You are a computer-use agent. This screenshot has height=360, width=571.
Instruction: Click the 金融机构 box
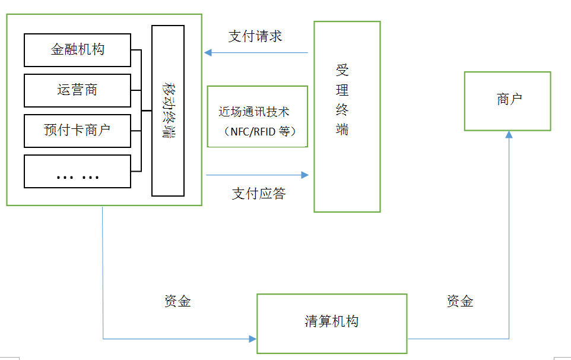tap(77, 50)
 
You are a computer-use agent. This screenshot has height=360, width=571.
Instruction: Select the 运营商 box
tap(77, 90)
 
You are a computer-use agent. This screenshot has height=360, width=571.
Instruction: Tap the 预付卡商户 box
tap(77, 131)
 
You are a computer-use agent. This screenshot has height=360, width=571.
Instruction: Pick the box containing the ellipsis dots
tap(77, 171)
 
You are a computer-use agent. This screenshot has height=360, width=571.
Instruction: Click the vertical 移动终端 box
tap(167, 111)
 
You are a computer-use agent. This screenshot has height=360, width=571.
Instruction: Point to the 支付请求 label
tap(255, 36)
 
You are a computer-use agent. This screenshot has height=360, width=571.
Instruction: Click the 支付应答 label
tap(259, 194)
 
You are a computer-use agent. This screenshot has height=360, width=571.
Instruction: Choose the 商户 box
tap(507, 101)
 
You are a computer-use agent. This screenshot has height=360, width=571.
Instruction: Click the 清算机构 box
tap(332, 322)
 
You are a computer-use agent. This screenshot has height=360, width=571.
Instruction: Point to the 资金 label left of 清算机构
tap(177, 301)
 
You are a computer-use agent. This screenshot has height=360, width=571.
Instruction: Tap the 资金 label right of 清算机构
tap(460, 301)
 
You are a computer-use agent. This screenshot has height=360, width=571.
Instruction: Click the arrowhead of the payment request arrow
tap(208, 53)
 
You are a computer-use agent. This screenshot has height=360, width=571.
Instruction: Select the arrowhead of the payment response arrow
tap(305, 175)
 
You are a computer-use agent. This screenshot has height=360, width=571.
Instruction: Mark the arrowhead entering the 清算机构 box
tap(253, 339)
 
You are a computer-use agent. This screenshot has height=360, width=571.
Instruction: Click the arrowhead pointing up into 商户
tap(509, 135)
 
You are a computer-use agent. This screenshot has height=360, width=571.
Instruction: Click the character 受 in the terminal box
tap(342, 71)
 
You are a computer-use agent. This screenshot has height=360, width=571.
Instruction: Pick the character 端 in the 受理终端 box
tap(342, 130)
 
